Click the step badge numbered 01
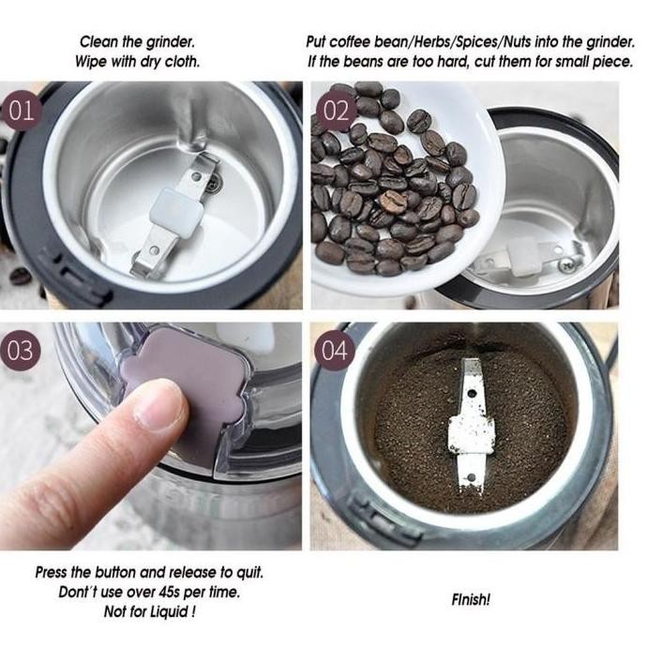(x=22, y=111)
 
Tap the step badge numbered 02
(x=336, y=111)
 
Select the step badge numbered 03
(x=21, y=351)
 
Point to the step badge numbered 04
(x=334, y=351)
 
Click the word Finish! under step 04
(x=471, y=599)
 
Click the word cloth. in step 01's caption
(x=183, y=62)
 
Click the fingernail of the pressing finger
(x=163, y=409)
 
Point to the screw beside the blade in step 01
(x=214, y=183)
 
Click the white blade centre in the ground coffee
(x=472, y=433)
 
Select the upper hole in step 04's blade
(x=472, y=394)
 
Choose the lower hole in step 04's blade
(x=472, y=478)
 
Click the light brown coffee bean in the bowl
(x=393, y=202)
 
